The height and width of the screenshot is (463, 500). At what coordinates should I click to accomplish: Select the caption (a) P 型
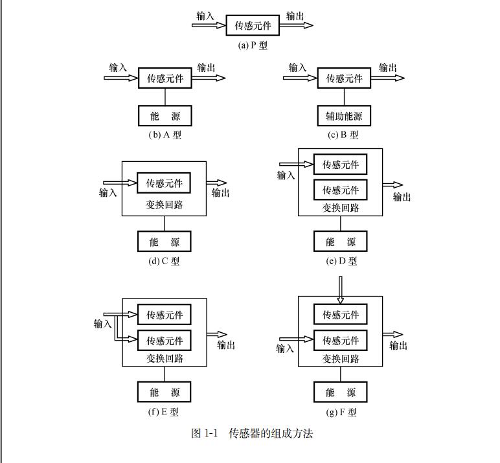253,45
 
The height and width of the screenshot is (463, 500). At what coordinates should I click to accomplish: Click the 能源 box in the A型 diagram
165,117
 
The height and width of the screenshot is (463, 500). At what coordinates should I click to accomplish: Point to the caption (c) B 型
343,135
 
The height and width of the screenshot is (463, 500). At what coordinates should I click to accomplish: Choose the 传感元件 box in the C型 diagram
165,183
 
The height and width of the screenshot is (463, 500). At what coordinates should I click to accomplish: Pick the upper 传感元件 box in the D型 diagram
341,164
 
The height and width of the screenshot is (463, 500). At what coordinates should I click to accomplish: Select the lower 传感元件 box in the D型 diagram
341,190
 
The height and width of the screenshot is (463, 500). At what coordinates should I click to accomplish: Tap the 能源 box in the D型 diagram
341,242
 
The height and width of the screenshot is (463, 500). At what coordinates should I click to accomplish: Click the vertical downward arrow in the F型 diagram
341,289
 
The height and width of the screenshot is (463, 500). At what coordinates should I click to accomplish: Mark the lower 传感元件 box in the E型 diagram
165,341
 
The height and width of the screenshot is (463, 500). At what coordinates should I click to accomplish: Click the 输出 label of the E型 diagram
226,345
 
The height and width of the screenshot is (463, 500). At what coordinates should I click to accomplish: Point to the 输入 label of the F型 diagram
286,348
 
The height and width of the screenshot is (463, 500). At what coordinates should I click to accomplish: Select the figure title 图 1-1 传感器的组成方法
253,434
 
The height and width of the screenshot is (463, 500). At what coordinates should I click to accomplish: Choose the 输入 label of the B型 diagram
297,67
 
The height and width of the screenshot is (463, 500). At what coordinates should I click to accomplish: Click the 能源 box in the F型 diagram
341,392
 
